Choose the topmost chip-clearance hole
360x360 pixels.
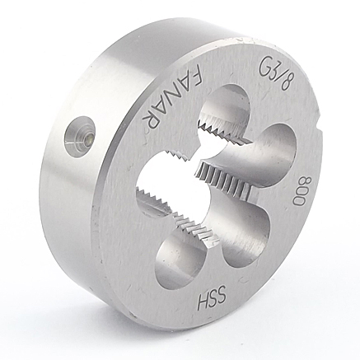point(224,105)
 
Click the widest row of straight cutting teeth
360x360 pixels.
point(224,180)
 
